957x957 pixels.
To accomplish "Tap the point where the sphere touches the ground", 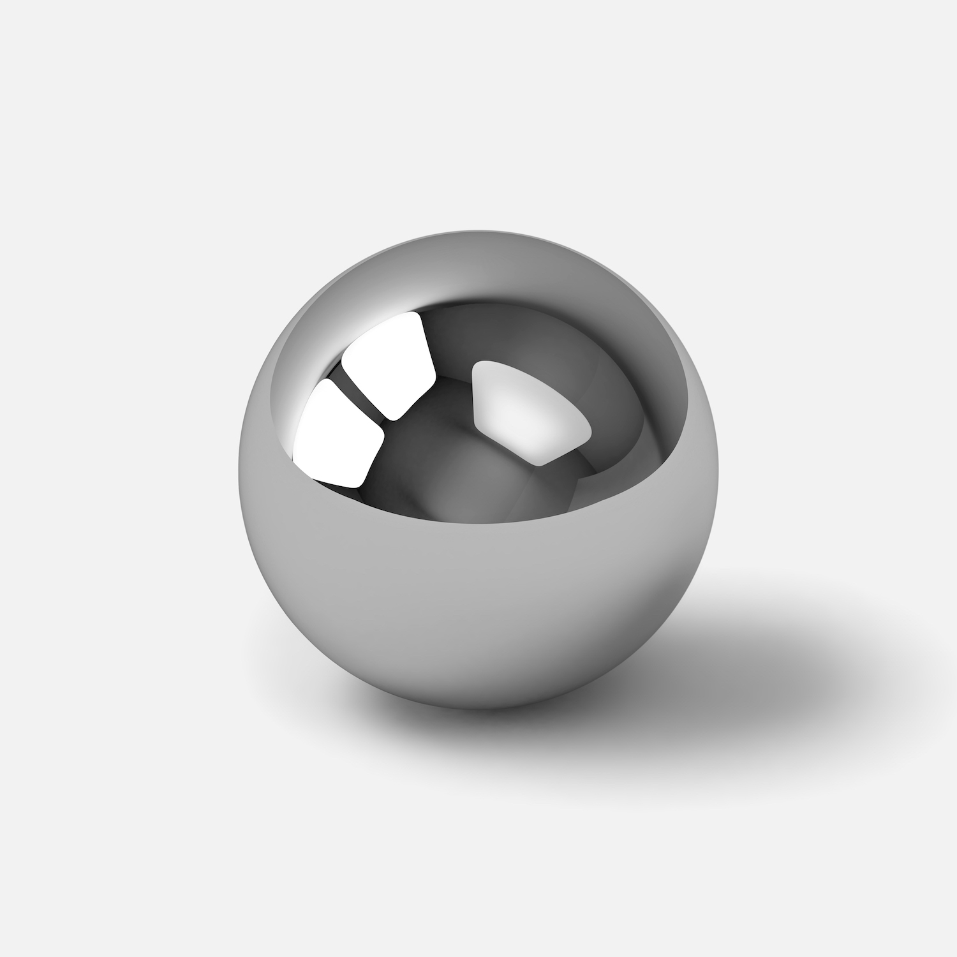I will [485, 707].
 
